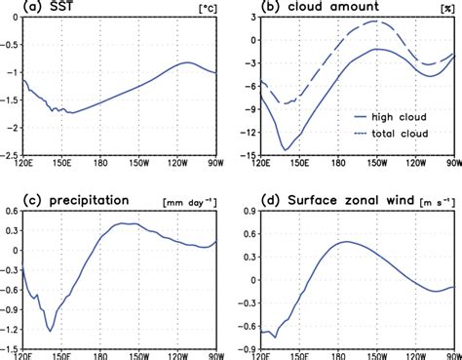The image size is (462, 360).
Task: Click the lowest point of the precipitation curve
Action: tap(50, 332)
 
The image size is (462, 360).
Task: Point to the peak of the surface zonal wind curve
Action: tap(348, 241)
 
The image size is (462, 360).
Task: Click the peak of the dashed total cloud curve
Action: tap(375, 20)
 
